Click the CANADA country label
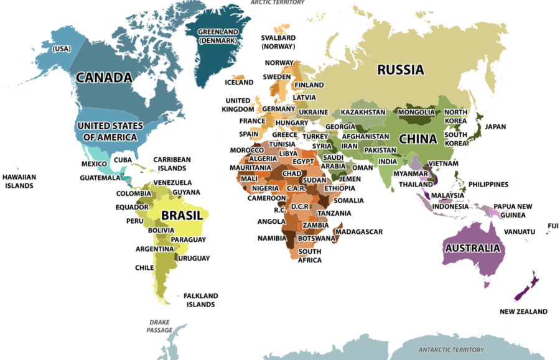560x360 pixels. pos(104,78)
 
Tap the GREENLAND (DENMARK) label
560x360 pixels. pos(217,36)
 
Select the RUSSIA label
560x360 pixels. pos(400,70)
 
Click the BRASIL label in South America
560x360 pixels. pos(182,216)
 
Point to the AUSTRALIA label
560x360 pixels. pos(472,248)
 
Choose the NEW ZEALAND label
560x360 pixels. pos(523,312)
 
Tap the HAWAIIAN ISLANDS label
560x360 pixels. pos(19,181)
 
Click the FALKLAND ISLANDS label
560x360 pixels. pos(200,300)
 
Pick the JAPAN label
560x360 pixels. pos(496,126)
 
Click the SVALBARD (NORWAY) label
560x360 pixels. pos(278,42)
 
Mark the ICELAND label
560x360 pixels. pos(239,82)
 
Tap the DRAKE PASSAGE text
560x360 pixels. pos(159,326)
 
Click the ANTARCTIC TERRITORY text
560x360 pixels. pos(450,349)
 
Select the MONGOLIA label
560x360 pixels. pos(416,113)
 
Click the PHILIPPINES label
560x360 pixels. pos(488,185)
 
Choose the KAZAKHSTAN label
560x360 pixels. pos(363,113)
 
